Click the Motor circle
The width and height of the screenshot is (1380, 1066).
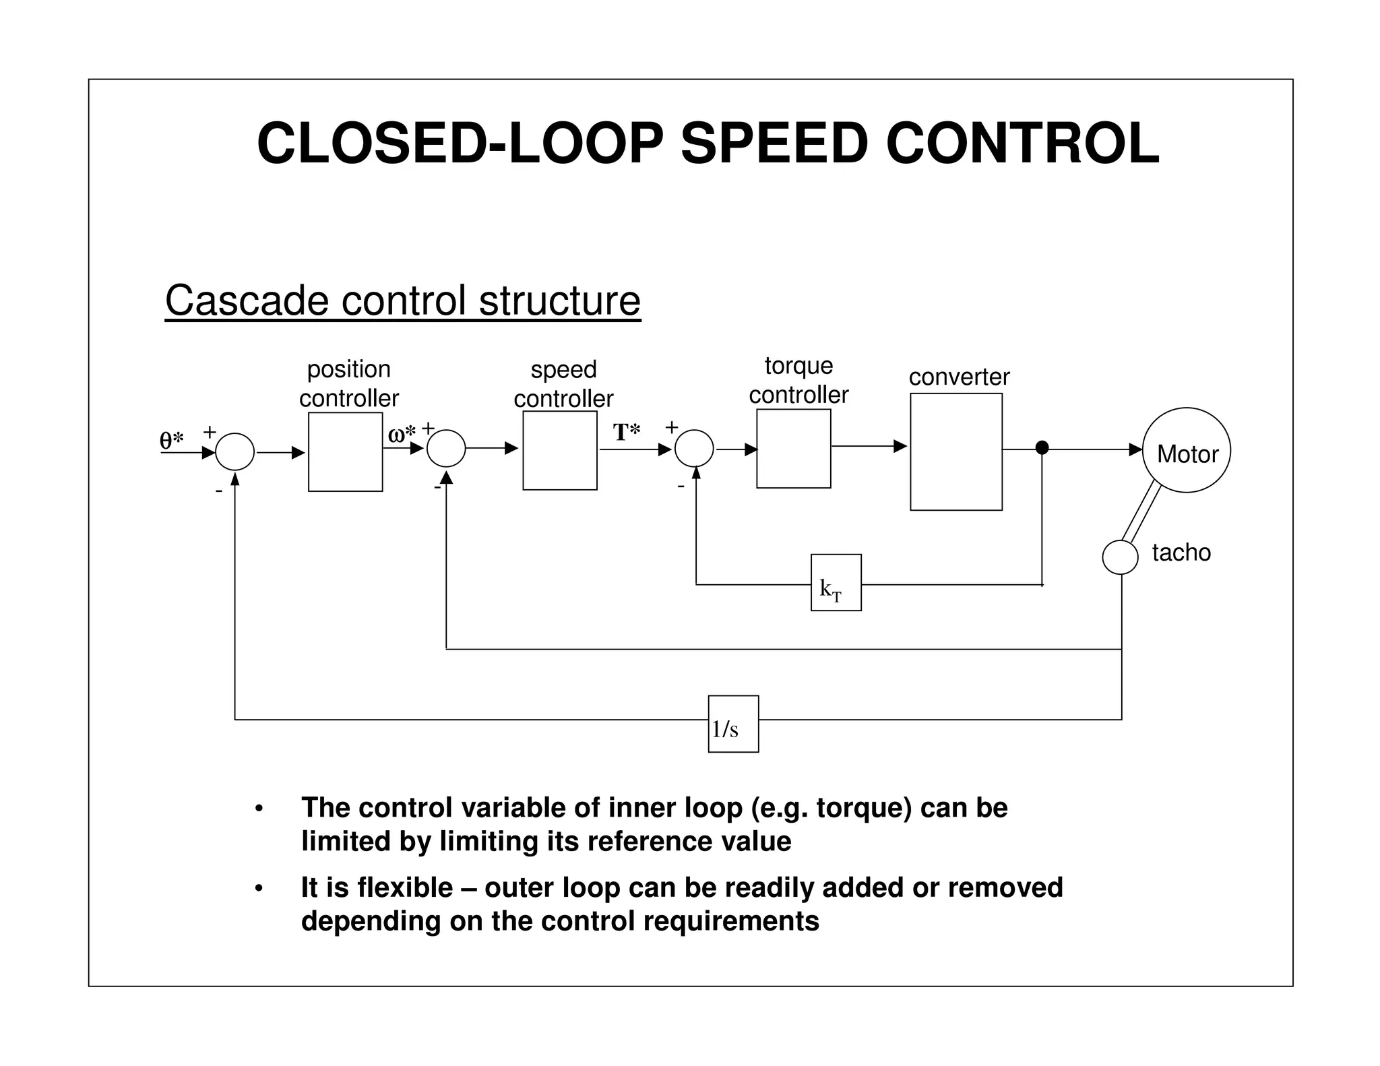[x=1187, y=450]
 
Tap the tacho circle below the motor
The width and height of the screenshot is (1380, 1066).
[x=1120, y=557]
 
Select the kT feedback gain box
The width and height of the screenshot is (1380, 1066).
[x=836, y=583]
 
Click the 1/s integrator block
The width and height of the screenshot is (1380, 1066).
[x=733, y=724]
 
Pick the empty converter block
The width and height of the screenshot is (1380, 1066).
[x=955, y=451]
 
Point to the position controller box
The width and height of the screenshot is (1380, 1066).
[x=345, y=451]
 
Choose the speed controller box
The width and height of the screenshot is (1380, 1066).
[x=559, y=450]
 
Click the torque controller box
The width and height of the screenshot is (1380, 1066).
[x=793, y=448]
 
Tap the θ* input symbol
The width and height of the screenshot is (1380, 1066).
[x=171, y=440]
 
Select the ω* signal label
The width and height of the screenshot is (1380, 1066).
[x=402, y=434]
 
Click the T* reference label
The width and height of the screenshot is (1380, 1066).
[x=626, y=432]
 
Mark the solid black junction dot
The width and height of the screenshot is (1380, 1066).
[x=1042, y=447]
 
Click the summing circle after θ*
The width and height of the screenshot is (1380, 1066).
[x=234, y=451]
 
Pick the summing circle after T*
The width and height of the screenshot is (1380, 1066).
[x=694, y=448]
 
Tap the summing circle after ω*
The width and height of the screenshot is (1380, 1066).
[x=446, y=448]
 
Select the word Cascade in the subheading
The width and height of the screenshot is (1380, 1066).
[x=247, y=301]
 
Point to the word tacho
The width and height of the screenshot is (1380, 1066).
[x=1181, y=553]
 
